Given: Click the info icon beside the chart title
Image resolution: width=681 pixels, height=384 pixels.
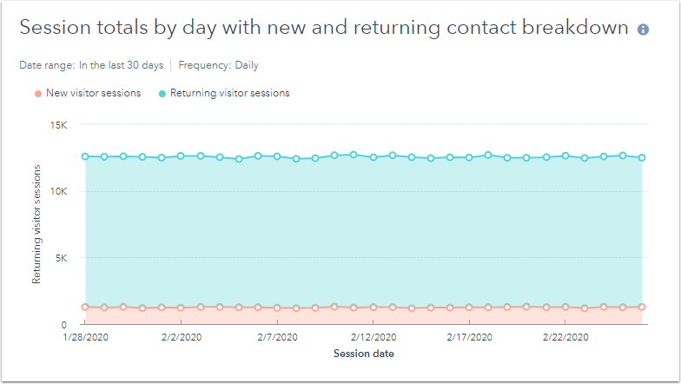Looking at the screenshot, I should (643, 30).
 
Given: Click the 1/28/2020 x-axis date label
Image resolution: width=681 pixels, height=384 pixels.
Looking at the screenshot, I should (85, 337).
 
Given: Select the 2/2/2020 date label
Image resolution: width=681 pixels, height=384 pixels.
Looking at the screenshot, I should (182, 337).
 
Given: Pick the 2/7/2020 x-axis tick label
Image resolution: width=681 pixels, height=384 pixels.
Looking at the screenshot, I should (277, 337).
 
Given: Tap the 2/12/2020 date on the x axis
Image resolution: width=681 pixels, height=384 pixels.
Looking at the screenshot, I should (374, 337).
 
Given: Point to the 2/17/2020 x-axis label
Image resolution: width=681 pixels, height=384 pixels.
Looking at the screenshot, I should (470, 337).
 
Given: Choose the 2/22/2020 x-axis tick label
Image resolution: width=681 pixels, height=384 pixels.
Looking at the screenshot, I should (565, 337).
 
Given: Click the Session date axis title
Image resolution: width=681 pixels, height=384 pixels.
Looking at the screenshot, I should (364, 354).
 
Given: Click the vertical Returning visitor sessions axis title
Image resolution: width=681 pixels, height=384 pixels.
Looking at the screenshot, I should (36, 225).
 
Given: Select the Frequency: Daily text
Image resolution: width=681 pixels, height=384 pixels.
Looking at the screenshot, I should (218, 65).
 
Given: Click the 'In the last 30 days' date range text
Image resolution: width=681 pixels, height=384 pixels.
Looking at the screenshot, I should (121, 65).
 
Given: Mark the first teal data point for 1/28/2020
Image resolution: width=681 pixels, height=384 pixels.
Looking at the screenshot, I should (85, 156).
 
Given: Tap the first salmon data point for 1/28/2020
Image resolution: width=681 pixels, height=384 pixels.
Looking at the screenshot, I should (85, 307).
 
